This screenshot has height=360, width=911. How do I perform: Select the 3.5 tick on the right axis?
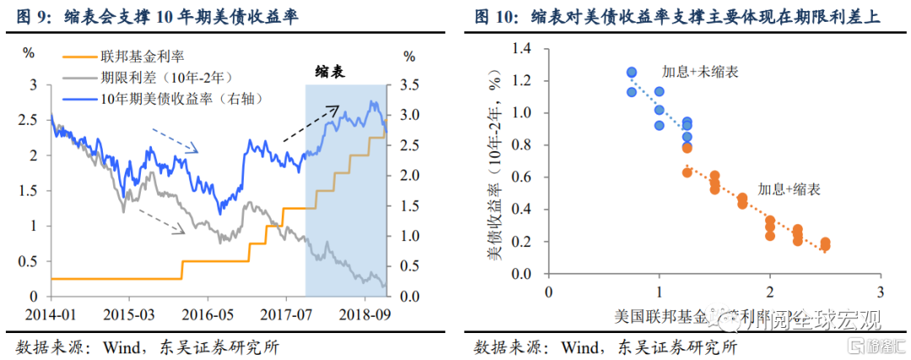click(x=409, y=85)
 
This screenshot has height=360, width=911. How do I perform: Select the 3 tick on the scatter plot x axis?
click(x=880, y=292)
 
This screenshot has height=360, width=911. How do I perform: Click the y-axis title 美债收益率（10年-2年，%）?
click(x=499, y=160)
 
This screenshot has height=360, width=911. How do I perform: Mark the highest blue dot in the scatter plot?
click(x=631, y=73)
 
